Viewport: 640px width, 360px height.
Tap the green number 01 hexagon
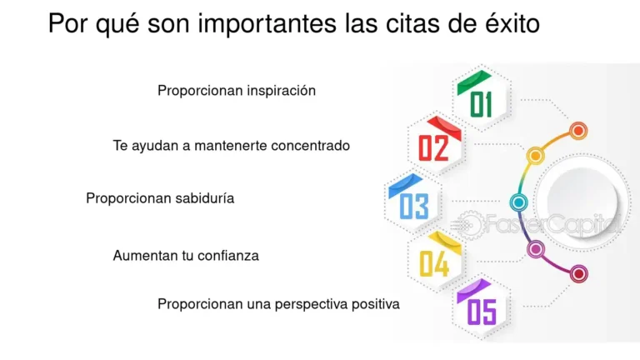click(482, 99)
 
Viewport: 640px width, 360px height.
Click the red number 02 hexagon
click(435, 144)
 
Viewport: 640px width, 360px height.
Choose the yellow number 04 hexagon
click(435, 260)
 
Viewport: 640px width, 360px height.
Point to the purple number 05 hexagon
click(482, 307)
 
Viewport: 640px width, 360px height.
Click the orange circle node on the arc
click(578, 130)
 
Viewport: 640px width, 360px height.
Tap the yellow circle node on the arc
click(536, 156)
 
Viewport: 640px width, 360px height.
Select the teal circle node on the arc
click(518, 202)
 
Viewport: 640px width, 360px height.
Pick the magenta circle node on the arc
click(536, 247)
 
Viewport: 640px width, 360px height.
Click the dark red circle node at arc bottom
click(578, 272)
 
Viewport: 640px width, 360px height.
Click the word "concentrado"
click(308, 146)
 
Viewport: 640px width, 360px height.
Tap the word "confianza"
click(228, 256)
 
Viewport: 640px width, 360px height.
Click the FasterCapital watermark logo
click(533, 223)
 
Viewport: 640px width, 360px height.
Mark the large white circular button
click(582, 202)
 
